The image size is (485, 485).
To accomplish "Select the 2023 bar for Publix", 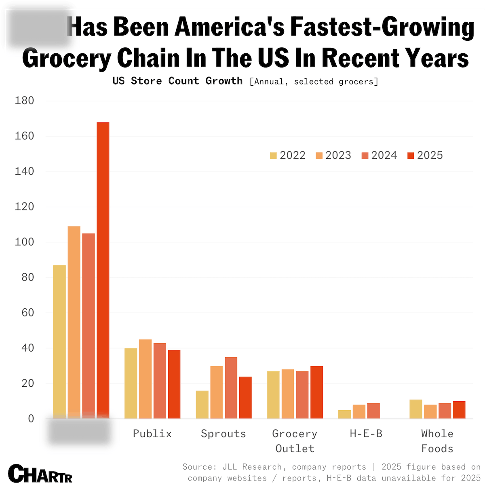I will [x=145, y=379].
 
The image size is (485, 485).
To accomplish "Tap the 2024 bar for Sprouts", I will [x=231, y=388].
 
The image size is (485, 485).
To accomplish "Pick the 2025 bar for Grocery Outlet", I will [x=316, y=392].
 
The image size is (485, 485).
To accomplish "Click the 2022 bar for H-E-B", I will [x=344, y=414].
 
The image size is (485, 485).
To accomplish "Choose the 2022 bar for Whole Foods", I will [x=415, y=409].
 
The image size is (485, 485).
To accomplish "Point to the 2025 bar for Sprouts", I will [x=245, y=397].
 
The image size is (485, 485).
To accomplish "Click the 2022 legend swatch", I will [x=274, y=156].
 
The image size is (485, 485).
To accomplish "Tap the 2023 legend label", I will [x=338, y=155].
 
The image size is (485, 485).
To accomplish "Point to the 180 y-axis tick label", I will [x=24, y=101].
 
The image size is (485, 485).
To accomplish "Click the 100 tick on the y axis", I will [x=24, y=242].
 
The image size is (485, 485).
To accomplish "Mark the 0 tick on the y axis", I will [x=31, y=419].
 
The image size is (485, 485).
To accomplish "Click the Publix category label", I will [x=152, y=434].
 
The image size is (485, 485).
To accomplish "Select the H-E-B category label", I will [x=366, y=434].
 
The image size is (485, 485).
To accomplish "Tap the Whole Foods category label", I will [x=437, y=441].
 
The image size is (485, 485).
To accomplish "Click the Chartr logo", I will [x=40, y=473].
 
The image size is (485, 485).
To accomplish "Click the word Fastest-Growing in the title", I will [x=382, y=27].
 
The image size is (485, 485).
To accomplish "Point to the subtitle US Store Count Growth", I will [x=177, y=81].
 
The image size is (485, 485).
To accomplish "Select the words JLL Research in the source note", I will [x=251, y=467].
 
